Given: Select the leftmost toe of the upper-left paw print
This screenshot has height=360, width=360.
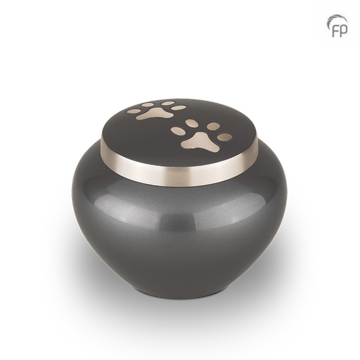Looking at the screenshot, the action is [x=134, y=112].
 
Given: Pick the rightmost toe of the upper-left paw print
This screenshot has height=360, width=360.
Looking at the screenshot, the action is [x=178, y=107].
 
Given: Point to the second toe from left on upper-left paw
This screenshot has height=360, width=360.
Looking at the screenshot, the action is [x=148, y=105].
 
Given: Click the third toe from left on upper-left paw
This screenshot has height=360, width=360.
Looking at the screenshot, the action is [x=168, y=103].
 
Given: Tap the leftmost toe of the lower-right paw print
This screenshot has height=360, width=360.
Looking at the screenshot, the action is [x=177, y=131].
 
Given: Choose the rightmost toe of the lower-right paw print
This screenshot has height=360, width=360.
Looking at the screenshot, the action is [x=225, y=137].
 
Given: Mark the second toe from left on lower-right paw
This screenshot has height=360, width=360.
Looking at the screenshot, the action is [x=192, y=123].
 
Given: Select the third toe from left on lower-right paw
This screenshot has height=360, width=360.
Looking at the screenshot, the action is [x=213, y=126].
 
